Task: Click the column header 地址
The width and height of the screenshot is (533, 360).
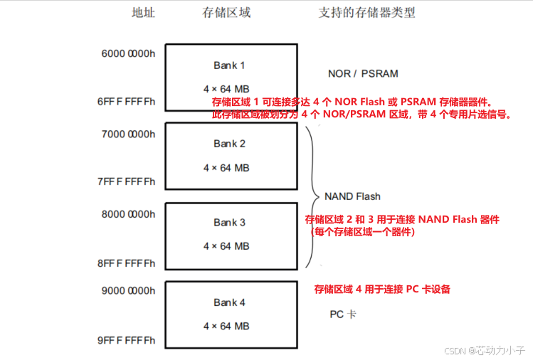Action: pos(143,13)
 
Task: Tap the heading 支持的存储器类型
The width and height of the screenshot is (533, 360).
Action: pos(366,13)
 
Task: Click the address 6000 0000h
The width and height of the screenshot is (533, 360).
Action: pos(129,54)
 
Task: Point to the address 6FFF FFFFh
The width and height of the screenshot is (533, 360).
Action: pos(127,102)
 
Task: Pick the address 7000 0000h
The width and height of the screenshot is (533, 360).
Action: pos(129,134)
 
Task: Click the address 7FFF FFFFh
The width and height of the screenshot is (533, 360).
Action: pos(127,181)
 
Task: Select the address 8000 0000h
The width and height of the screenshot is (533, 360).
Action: pos(129,213)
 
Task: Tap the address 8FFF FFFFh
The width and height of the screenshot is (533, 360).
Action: pos(127,263)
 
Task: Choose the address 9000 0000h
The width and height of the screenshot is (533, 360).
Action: pos(129,290)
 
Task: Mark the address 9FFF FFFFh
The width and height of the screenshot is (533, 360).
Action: pos(127,340)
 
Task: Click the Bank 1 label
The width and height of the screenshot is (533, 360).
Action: pos(229,65)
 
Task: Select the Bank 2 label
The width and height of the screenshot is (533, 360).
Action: pos(229,144)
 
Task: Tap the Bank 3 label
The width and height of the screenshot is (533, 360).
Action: pos(229,223)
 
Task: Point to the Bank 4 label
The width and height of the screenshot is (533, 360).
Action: pos(229,302)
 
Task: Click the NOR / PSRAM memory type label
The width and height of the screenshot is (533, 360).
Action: pos(363,73)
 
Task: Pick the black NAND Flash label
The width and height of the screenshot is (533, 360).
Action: pos(352,196)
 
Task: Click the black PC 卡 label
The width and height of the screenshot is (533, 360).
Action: pos(343,314)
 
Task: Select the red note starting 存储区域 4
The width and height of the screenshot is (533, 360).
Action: pos(382,290)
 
